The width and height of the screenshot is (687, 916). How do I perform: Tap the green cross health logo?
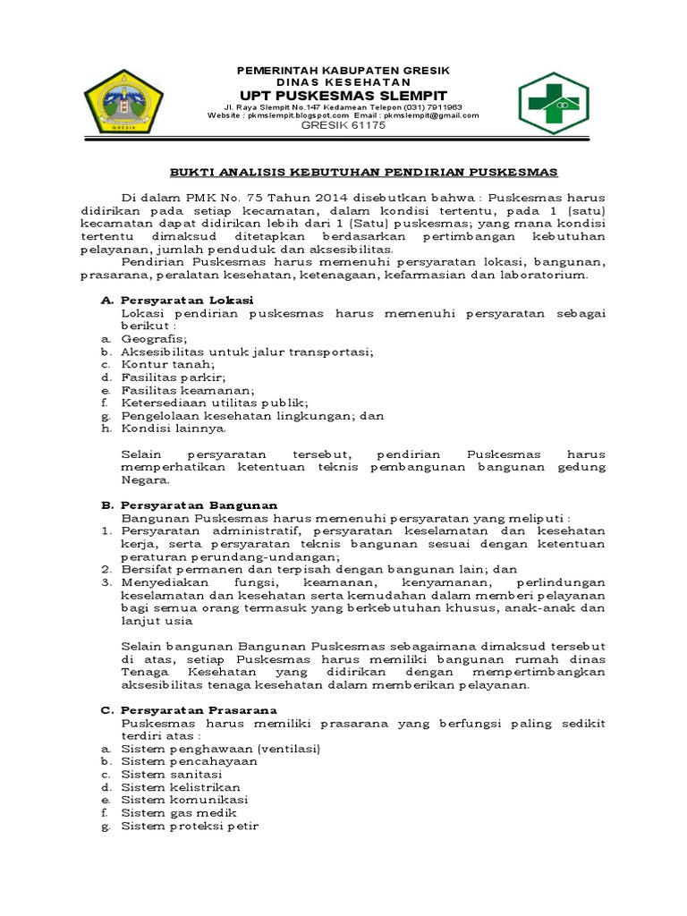click(x=554, y=103)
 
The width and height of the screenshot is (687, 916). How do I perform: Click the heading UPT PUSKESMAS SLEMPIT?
click(x=343, y=95)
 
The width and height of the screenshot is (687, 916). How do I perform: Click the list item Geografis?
click(x=154, y=339)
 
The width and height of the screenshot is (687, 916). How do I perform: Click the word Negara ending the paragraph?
click(x=144, y=479)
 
